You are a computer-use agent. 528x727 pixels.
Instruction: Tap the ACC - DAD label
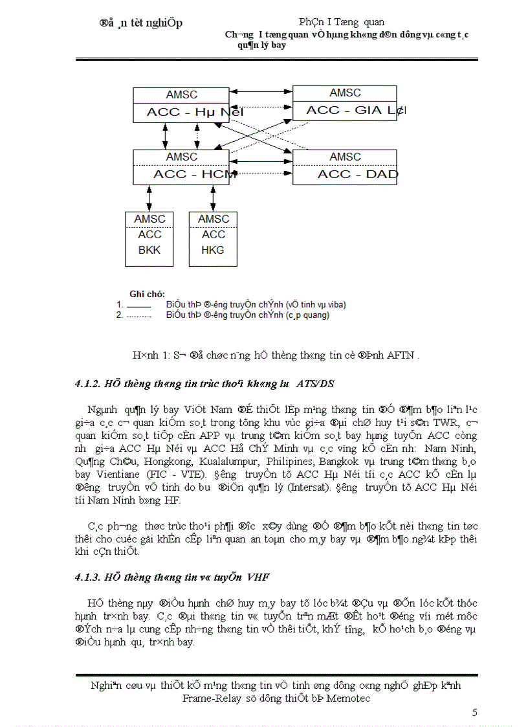click(x=358, y=174)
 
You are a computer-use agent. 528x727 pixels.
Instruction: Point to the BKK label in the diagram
click(x=149, y=250)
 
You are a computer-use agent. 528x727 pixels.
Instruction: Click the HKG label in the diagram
click(x=213, y=250)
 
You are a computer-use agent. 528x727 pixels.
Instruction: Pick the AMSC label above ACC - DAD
click(x=345, y=157)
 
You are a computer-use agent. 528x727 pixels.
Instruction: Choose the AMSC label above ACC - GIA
click(x=345, y=93)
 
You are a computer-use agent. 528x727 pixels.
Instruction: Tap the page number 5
click(x=475, y=713)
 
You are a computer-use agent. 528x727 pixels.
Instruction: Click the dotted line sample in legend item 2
click(x=138, y=316)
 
